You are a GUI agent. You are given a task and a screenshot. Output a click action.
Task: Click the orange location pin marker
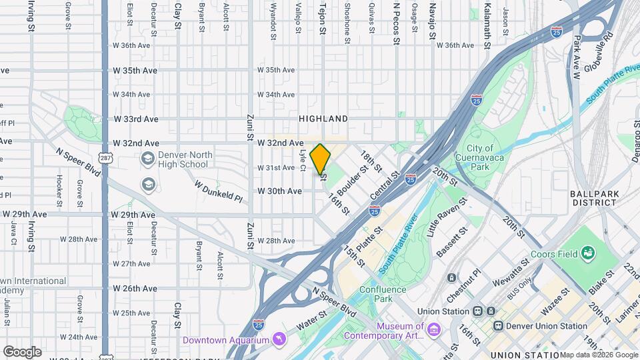320,159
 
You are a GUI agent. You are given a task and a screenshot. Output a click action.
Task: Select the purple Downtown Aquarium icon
279,339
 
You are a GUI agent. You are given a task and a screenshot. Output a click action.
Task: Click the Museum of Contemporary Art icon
434,330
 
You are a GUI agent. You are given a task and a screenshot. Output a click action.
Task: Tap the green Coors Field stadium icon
588,253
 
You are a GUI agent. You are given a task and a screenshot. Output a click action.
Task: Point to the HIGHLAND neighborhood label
323,119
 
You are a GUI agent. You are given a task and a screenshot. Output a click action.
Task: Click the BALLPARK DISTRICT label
593,198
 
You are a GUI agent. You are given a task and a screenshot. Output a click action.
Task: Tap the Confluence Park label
383,294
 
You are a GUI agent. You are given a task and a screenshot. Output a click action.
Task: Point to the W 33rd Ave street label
135,119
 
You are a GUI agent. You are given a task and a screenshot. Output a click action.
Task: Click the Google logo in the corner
22,352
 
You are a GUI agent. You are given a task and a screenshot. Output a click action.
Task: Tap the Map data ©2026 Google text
599,355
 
